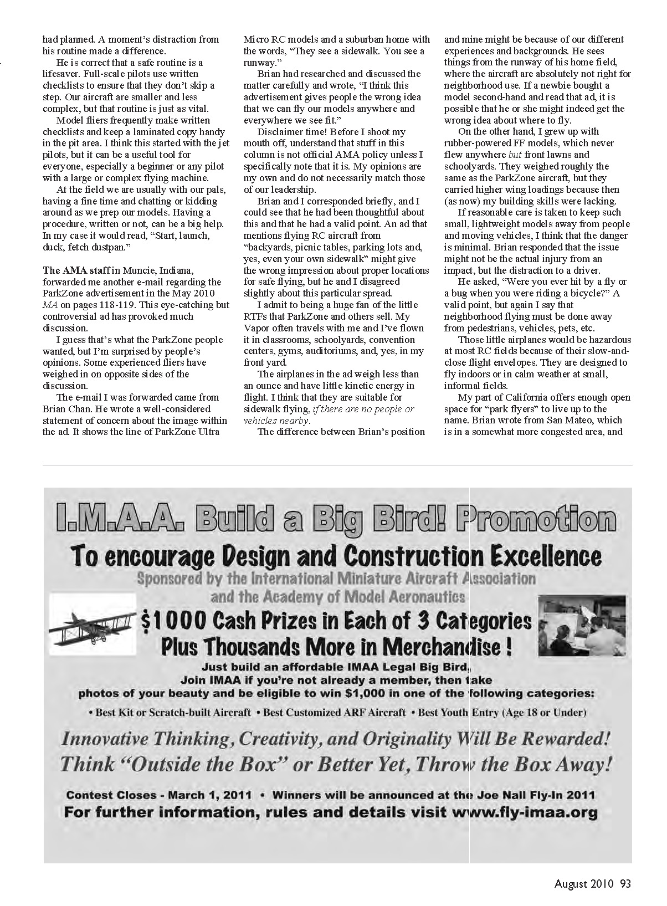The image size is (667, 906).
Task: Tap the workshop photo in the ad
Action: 582,625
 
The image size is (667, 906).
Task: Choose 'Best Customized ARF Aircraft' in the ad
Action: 335,713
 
